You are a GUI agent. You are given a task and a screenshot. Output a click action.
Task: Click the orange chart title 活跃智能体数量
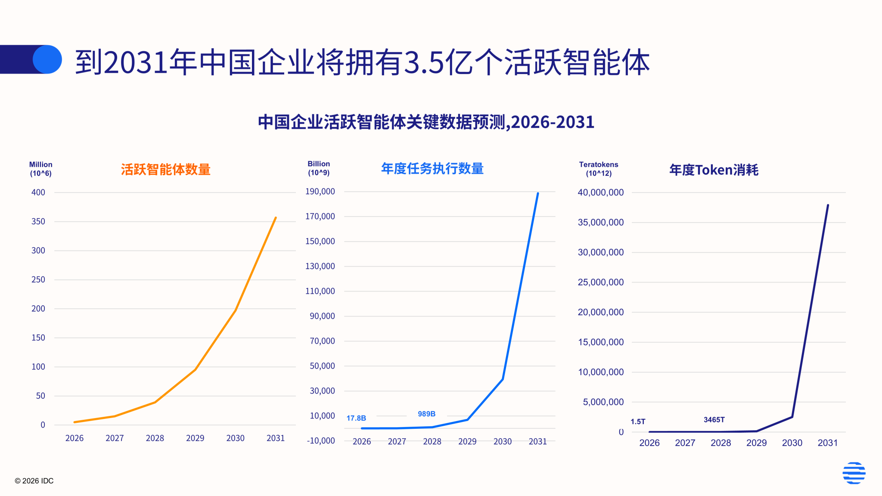pos(165,170)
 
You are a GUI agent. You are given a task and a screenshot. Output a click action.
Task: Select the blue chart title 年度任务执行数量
pos(432,168)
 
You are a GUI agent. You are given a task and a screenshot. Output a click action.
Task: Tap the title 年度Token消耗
pos(714,170)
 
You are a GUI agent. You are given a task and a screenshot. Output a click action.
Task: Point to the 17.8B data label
pos(356,418)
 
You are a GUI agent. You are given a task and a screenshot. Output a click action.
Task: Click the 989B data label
pos(426,414)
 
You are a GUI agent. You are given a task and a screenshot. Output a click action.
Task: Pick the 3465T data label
pos(714,419)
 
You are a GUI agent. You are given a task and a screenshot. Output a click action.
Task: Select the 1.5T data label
pos(638,422)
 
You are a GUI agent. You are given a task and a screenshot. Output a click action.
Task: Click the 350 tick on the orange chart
pos(38,221)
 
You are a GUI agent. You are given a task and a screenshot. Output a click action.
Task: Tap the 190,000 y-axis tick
pos(320,192)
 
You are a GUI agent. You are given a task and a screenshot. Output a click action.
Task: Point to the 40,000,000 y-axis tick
pos(600,192)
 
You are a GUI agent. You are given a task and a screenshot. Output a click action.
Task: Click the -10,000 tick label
pos(320,440)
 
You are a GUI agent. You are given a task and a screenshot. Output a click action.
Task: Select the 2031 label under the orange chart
pos(275,438)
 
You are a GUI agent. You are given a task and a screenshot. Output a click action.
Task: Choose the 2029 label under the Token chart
pos(756,443)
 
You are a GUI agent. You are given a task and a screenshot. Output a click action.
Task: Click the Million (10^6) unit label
pos(40,169)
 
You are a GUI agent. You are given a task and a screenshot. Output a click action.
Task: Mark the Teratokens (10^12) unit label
pos(598,169)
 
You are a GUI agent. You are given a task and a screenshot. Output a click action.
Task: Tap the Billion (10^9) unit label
pos(319,168)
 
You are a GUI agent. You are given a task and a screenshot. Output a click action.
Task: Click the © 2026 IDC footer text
pos(34,481)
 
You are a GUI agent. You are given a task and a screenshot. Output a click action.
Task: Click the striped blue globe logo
pos(854,473)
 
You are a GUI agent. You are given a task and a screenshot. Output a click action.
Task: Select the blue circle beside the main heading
pos(47,59)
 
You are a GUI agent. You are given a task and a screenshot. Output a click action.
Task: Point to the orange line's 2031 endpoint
pos(276,218)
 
